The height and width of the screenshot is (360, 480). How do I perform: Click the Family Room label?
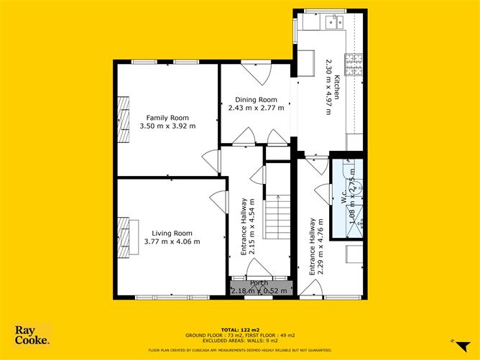(x=167, y=117)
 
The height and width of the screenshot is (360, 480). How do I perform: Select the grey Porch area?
(x=259, y=287)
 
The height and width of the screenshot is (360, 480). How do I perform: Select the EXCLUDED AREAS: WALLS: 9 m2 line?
(x=240, y=341)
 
